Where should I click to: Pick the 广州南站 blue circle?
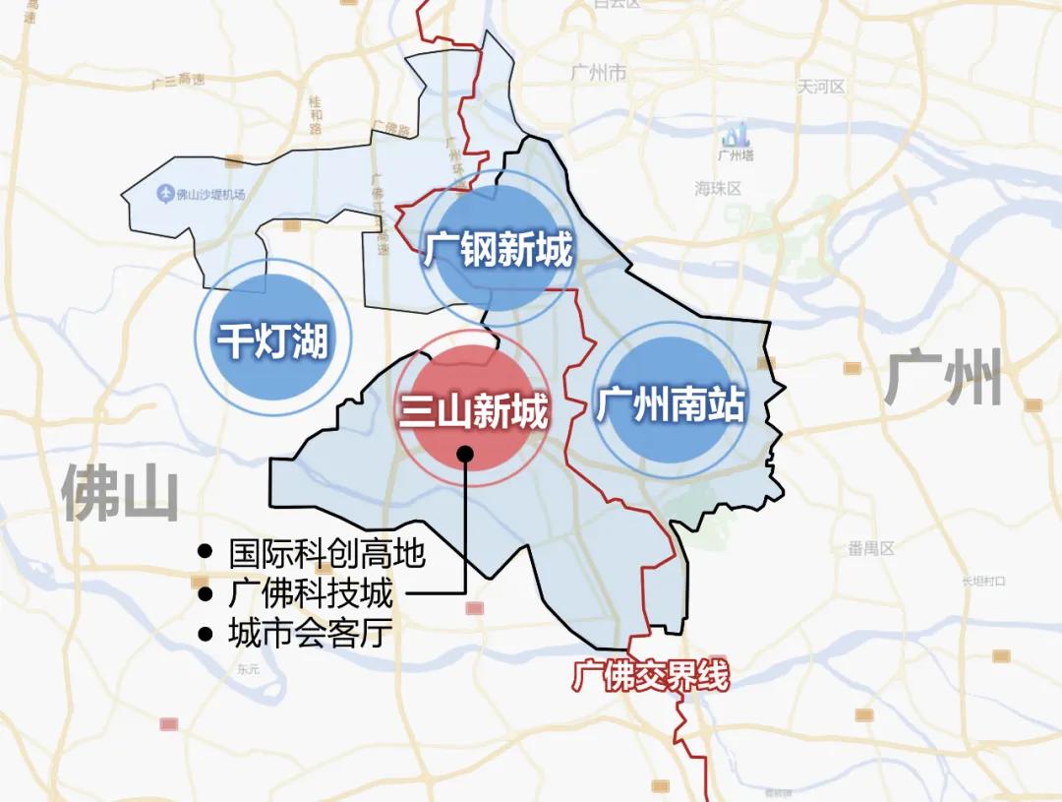[670, 401]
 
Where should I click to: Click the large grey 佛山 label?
[120, 493]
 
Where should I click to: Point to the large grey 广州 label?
[942, 379]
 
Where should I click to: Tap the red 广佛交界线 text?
[652, 677]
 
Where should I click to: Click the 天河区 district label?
[821, 87]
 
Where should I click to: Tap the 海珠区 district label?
[717, 188]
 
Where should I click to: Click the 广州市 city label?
[598, 73]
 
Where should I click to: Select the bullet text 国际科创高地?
[326, 554]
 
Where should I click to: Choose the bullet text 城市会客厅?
[310, 633]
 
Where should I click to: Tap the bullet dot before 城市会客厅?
[205, 634]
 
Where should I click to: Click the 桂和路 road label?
[316, 115]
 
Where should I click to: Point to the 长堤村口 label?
[984, 581]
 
